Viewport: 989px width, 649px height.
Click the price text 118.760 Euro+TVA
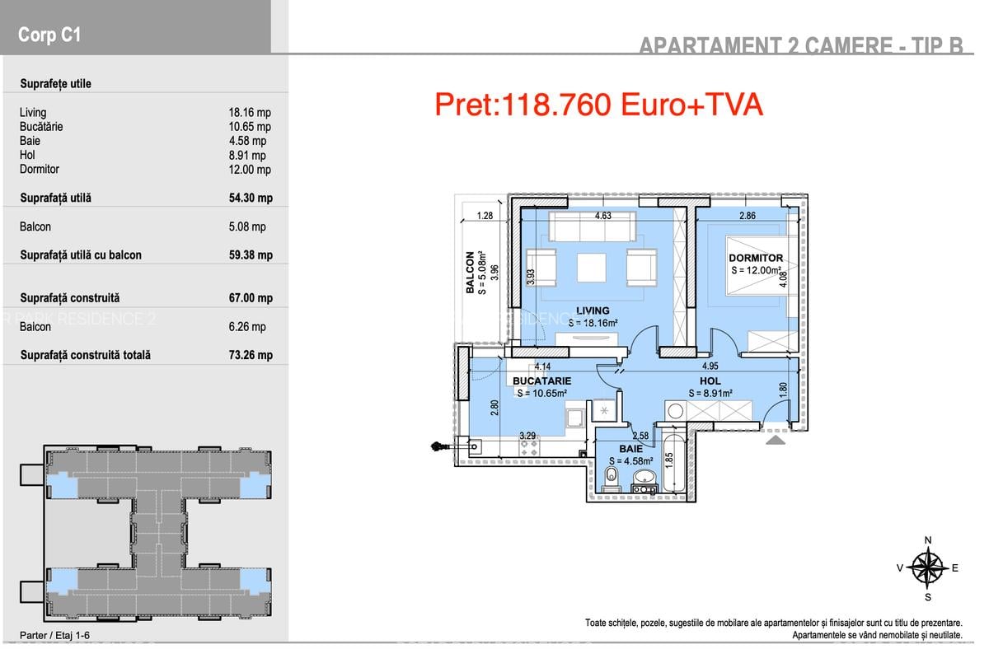tap(598, 105)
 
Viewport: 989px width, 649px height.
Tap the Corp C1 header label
tap(49, 35)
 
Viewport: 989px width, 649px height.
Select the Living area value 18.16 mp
tap(250, 113)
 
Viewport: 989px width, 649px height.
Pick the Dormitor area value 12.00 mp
tap(250, 170)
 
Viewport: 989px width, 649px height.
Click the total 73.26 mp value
tap(250, 356)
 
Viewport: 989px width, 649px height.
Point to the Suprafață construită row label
tap(69, 298)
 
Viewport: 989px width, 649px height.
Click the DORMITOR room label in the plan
tap(756, 258)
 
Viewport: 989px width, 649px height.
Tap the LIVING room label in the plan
tap(593, 311)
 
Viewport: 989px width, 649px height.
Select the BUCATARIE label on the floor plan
tap(541, 381)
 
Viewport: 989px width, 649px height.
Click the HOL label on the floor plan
tap(710, 381)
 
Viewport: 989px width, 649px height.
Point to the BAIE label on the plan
tap(630, 449)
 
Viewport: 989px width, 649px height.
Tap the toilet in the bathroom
tap(611, 478)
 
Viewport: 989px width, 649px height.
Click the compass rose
tap(929, 567)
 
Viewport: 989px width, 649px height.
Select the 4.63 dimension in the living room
tap(603, 217)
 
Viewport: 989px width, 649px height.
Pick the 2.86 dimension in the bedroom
tap(747, 217)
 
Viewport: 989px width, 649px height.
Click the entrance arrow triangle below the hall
tap(776, 441)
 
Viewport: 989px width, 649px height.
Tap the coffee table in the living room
tap(591, 266)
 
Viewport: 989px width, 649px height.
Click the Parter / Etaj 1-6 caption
tap(54, 635)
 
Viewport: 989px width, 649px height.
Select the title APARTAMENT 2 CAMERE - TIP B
tap(801, 45)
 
